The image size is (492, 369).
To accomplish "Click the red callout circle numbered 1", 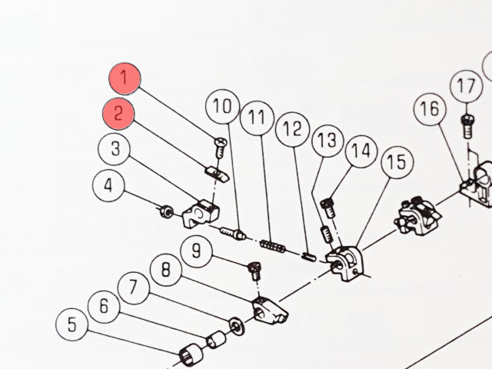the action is (x=125, y=78).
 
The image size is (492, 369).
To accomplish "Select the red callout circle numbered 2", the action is (x=118, y=114).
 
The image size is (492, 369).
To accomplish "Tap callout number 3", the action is (x=114, y=148).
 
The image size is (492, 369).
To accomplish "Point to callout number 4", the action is (x=108, y=186).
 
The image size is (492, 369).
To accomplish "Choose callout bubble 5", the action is (x=71, y=324).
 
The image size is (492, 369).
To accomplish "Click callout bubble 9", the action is (x=197, y=251).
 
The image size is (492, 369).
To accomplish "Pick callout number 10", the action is (x=222, y=107).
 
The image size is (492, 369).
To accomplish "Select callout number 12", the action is (x=292, y=129).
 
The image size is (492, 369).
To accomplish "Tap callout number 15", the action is (x=397, y=162).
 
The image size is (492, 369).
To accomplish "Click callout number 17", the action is (x=466, y=86).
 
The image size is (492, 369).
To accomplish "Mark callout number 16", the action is (x=430, y=109).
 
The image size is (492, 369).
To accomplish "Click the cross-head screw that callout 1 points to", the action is (x=221, y=147).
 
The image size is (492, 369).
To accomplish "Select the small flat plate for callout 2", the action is (x=217, y=175).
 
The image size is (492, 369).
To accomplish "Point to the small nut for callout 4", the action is (x=165, y=211).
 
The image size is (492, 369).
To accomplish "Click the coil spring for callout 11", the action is (x=273, y=246).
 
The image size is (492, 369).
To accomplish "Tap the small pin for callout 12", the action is (x=307, y=256).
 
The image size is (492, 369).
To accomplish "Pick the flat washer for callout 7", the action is (x=237, y=326).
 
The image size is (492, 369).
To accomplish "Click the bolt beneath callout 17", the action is (x=467, y=126).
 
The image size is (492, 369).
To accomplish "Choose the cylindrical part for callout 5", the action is (x=191, y=354).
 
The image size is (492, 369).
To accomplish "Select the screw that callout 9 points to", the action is (x=254, y=271).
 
